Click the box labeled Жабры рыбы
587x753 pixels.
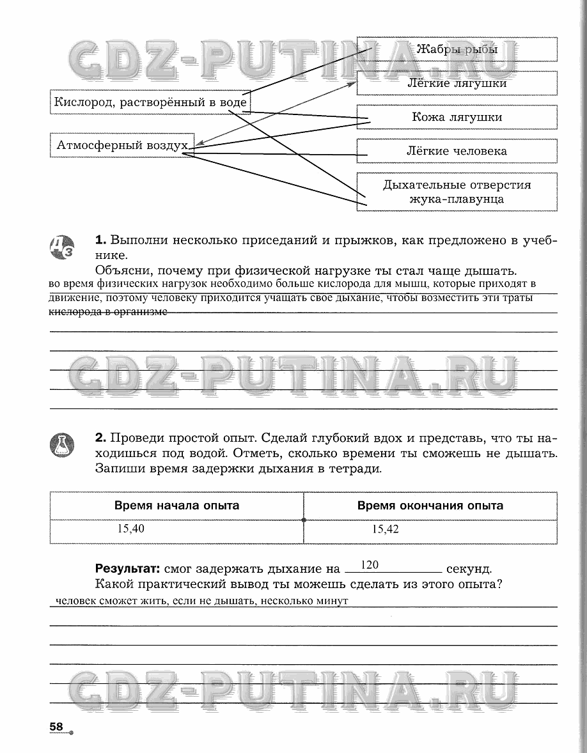457,49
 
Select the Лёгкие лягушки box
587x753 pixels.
457,83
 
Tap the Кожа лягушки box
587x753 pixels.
457,117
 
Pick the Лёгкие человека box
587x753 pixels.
457,151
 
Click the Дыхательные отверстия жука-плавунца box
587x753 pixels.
457,192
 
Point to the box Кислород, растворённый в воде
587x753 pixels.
150,102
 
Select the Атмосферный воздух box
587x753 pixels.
121,145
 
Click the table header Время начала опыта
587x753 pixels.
176,506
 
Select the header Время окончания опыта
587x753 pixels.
430,506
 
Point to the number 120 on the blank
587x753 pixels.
370,564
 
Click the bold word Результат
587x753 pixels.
127,569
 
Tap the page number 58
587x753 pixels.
56,727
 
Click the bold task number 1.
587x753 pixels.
100,240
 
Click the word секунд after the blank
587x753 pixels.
469,569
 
